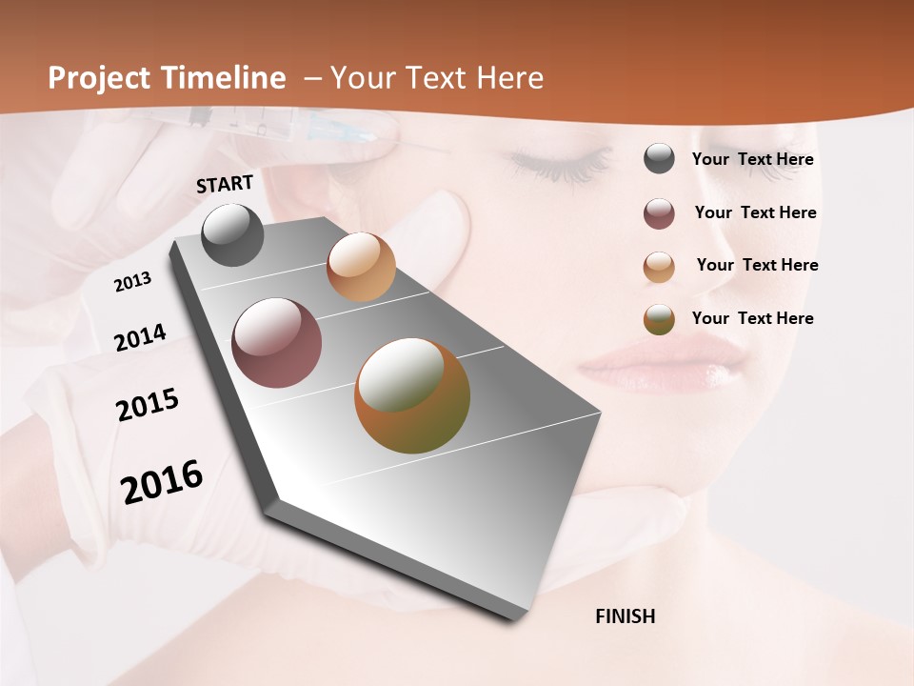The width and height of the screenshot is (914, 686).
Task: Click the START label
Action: [225, 184]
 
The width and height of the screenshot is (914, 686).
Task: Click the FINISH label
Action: [625, 616]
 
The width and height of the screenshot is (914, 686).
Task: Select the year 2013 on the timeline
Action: [132, 282]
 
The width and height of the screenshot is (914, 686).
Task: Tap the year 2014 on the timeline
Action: [140, 338]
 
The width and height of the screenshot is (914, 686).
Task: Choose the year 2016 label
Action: [162, 481]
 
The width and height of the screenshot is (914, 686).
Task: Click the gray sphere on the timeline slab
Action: [232, 234]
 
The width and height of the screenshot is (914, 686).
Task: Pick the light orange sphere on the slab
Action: [361, 267]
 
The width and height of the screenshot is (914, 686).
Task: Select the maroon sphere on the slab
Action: [276, 343]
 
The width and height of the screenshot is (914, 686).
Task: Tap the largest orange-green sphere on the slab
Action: [412, 394]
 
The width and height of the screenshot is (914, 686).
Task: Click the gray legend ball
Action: [659, 159]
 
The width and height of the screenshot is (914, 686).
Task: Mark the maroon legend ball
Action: [659, 213]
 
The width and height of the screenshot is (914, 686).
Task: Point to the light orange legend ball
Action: [659, 267]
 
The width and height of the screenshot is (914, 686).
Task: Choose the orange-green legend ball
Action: [659, 319]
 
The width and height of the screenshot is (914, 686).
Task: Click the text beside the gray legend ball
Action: [752, 160]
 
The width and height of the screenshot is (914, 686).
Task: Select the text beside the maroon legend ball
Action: [755, 212]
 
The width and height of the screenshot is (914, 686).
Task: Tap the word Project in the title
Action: [100, 78]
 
